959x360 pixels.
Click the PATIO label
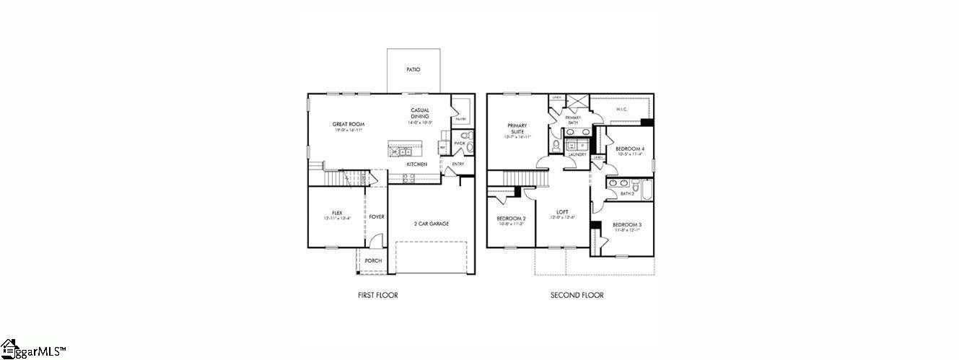pos(413,70)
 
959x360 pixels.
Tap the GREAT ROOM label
pos(348,124)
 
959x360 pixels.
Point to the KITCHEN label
pos(416,164)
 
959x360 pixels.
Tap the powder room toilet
pos(465,135)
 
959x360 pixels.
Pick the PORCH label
pos(373,260)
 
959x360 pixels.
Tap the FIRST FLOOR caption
pos(377,295)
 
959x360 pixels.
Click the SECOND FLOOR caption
pos(577,295)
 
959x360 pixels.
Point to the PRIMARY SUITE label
pos(517,128)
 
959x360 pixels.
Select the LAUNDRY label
pos(577,154)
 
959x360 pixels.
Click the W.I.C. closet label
pos(621,110)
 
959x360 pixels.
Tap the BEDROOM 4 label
pos(630,149)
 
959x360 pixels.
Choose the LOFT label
pos(562,212)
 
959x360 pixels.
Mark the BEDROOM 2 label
pos(511,219)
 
